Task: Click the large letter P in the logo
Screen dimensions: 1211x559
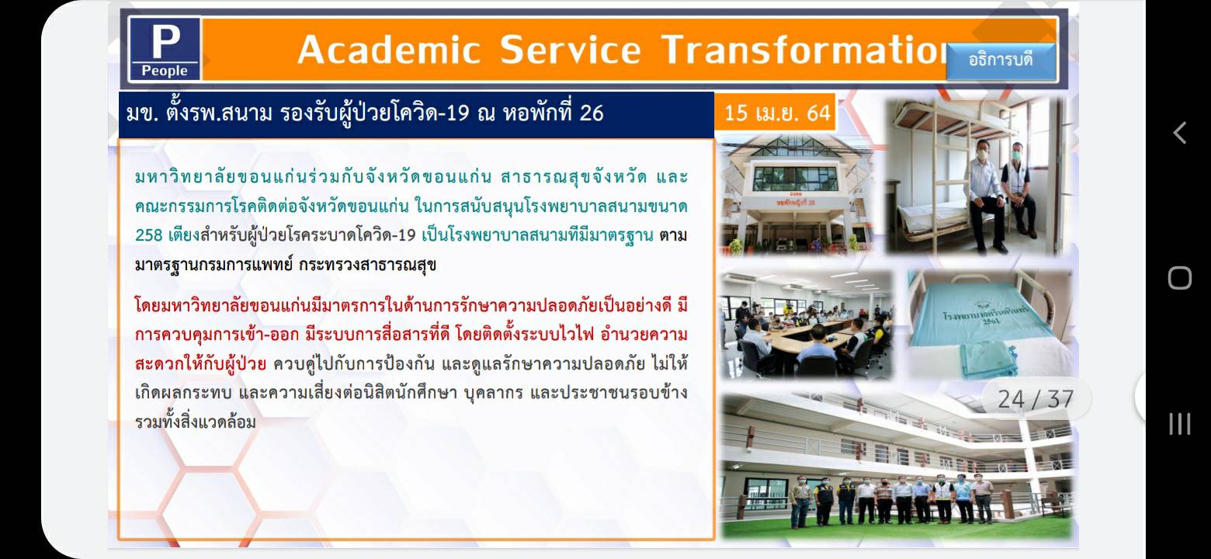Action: point(166,41)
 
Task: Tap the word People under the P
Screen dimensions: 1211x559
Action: point(165,71)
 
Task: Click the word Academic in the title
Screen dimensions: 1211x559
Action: point(389,50)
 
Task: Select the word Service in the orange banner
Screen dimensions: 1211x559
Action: point(571,50)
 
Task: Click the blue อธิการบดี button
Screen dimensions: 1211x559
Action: point(1001,60)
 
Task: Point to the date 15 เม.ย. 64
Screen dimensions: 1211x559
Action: point(777,113)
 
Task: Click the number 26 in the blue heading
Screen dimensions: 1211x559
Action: point(592,113)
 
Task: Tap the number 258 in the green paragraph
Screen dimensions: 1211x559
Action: point(149,235)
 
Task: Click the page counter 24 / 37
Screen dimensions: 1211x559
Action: point(1036,400)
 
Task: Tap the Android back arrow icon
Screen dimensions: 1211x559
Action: point(1180,133)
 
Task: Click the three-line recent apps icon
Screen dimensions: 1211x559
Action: point(1180,424)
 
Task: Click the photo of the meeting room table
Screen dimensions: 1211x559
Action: point(807,325)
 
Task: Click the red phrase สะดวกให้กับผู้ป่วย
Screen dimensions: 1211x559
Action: point(200,364)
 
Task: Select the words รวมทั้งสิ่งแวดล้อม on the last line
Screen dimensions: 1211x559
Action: point(195,422)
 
